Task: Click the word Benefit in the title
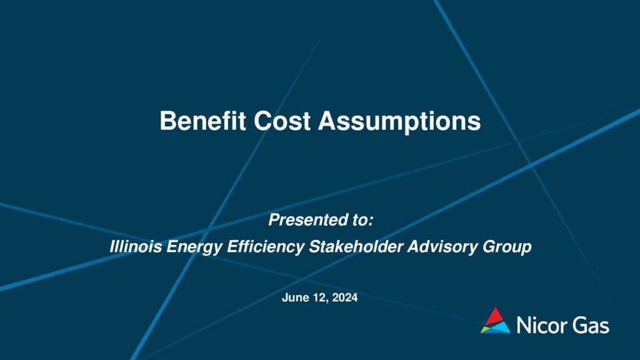tap(202, 121)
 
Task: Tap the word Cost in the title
tap(282, 121)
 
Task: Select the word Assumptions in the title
tap(399, 122)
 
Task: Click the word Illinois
tap(136, 246)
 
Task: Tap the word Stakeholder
tap(356, 246)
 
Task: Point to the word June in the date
tap(296, 297)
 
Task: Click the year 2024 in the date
tap(345, 297)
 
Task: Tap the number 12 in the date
tap(321, 298)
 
